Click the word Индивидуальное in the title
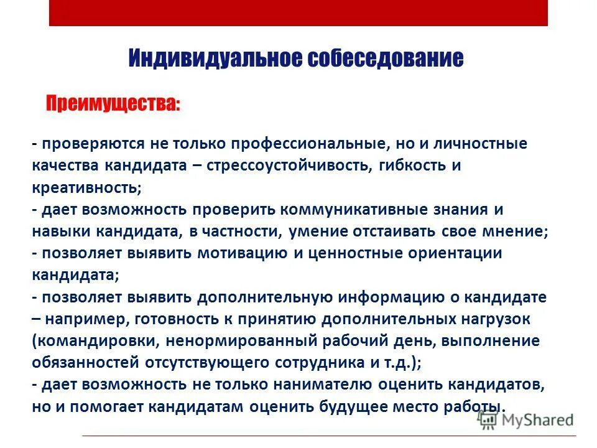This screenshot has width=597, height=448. pyautogui.click(x=210, y=59)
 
